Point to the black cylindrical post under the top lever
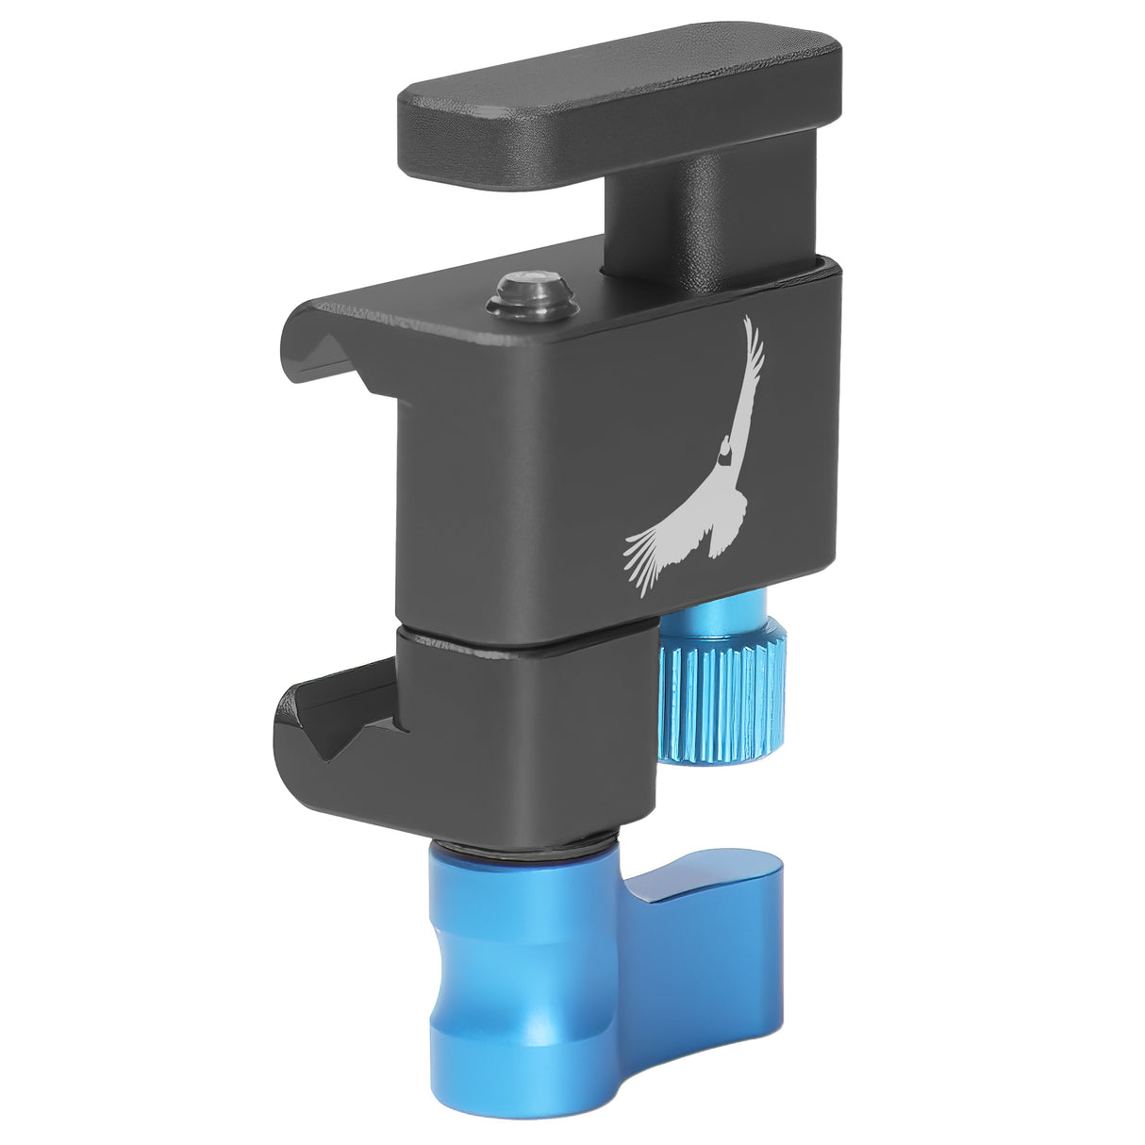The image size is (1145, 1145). point(660,212)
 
